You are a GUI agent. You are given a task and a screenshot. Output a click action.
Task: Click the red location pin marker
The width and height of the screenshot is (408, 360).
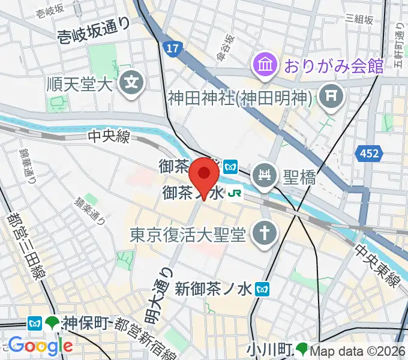pyautogui.click(x=204, y=175)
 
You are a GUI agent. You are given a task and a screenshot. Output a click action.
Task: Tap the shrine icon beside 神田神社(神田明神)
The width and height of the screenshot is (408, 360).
pyautogui.click(x=331, y=94)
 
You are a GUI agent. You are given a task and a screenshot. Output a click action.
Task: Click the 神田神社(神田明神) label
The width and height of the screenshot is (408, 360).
pyautogui.click(x=238, y=96)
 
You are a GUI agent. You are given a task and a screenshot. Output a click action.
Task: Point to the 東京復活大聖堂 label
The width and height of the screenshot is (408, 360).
pyautogui.click(x=188, y=233)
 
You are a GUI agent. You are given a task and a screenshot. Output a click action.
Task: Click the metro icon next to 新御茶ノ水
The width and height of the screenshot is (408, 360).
pyautogui.click(x=262, y=289)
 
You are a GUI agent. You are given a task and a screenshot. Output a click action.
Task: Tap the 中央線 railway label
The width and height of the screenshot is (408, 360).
pyautogui.click(x=109, y=137)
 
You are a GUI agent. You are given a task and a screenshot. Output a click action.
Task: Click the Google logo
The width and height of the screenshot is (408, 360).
pyautogui.click(x=41, y=346)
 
